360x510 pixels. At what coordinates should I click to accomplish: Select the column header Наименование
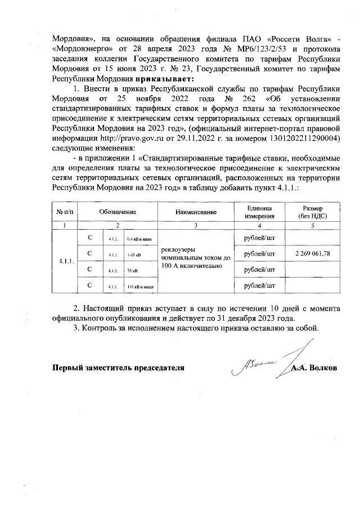click(196, 212)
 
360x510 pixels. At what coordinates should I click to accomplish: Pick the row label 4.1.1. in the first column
click(66, 262)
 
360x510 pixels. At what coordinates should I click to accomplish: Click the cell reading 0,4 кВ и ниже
click(140, 239)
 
